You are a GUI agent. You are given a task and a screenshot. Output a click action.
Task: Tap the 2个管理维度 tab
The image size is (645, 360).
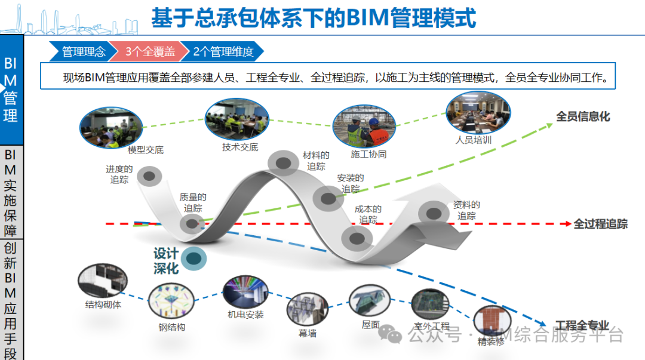tap(222, 52)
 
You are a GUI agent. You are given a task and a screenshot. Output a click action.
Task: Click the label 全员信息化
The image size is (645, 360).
tap(583, 116)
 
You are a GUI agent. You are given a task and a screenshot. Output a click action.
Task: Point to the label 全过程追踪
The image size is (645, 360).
tap(600, 224)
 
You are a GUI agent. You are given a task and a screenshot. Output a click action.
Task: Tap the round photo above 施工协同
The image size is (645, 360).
tap(365, 127)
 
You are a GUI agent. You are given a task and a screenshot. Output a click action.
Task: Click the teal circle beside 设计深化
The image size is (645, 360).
tap(194, 259)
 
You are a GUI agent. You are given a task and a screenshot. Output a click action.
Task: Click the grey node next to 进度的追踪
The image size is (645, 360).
tap(149, 176)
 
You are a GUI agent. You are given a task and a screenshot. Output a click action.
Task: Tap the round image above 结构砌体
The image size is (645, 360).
tap(102, 281)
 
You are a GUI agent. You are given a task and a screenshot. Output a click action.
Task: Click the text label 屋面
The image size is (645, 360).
tap(370, 325)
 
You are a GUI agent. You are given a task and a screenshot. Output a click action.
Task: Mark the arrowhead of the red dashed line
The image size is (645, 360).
tap(566, 224)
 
